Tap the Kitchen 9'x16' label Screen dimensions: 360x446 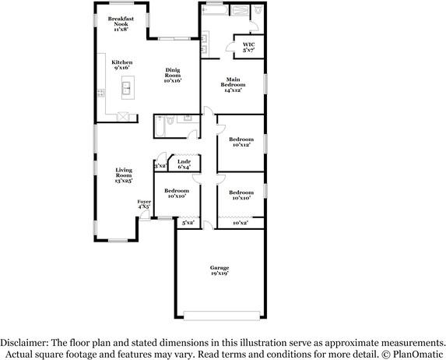coord(122,65)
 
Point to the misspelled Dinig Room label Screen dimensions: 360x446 coord(172,75)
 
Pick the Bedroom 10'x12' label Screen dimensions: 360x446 coord(241,142)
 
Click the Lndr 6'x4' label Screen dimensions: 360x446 coord(184,164)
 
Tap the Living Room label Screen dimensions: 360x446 coord(124,175)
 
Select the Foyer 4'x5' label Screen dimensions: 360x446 coord(144,204)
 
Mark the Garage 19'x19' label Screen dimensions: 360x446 coord(219,270)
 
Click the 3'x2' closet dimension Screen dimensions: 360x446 coord(160,166)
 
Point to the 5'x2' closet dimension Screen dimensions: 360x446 coord(188,224)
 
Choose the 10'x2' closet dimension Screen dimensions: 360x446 coord(240,224)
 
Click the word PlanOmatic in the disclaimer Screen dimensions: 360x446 coord(418,353)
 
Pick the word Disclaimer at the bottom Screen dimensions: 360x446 coord(24,342)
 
